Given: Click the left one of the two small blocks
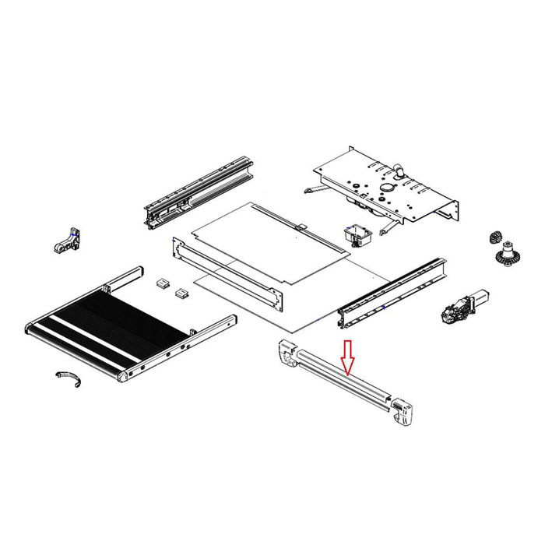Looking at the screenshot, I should pyautogui.click(x=163, y=283).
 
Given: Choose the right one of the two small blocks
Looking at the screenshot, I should pyautogui.click(x=182, y=292).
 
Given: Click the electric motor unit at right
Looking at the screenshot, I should pyautogui.click(x=462, y=306).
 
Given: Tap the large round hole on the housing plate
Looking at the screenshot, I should pyautogui.click(x=387, y=189).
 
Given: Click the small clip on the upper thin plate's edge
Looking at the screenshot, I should pyautogui.click(x=300, y=227).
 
